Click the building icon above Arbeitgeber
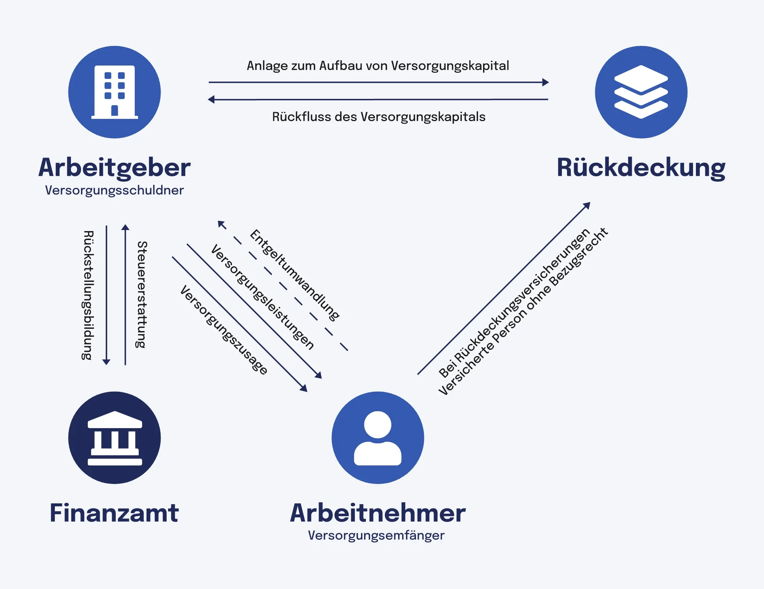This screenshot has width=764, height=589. click(x=114, y=92)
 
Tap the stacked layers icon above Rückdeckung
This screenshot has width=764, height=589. click(x=641, y=92)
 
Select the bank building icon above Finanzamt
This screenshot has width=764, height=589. click(x=114, y=437)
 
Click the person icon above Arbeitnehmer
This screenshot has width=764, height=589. click(x=378, y=437)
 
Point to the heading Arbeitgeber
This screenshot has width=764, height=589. click(x=114, y=168)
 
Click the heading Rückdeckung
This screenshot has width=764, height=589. click(x=641, y=168)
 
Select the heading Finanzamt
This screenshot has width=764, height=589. click(x=114, y=513)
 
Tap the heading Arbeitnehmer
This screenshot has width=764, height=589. click(x=378, y=513)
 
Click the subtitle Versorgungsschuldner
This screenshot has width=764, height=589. click(x=114, y=190)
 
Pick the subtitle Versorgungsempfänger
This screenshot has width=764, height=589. click(x=376, y=535)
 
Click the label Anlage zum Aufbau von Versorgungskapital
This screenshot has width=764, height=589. click(x=378, y=66)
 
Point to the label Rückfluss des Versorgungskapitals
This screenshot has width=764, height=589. click(x=378, y=117)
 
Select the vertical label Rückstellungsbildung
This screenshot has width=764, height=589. click(x=88, y=295)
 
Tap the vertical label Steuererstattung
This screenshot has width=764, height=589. click(x=142, y=294)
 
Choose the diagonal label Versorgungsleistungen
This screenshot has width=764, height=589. click(x=262, y=297)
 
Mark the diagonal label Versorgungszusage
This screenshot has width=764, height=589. click(x=224, y=330)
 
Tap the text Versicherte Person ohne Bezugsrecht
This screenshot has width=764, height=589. click(x=523, y=312)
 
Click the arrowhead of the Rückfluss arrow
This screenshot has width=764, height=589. click(x=211, y=99)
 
